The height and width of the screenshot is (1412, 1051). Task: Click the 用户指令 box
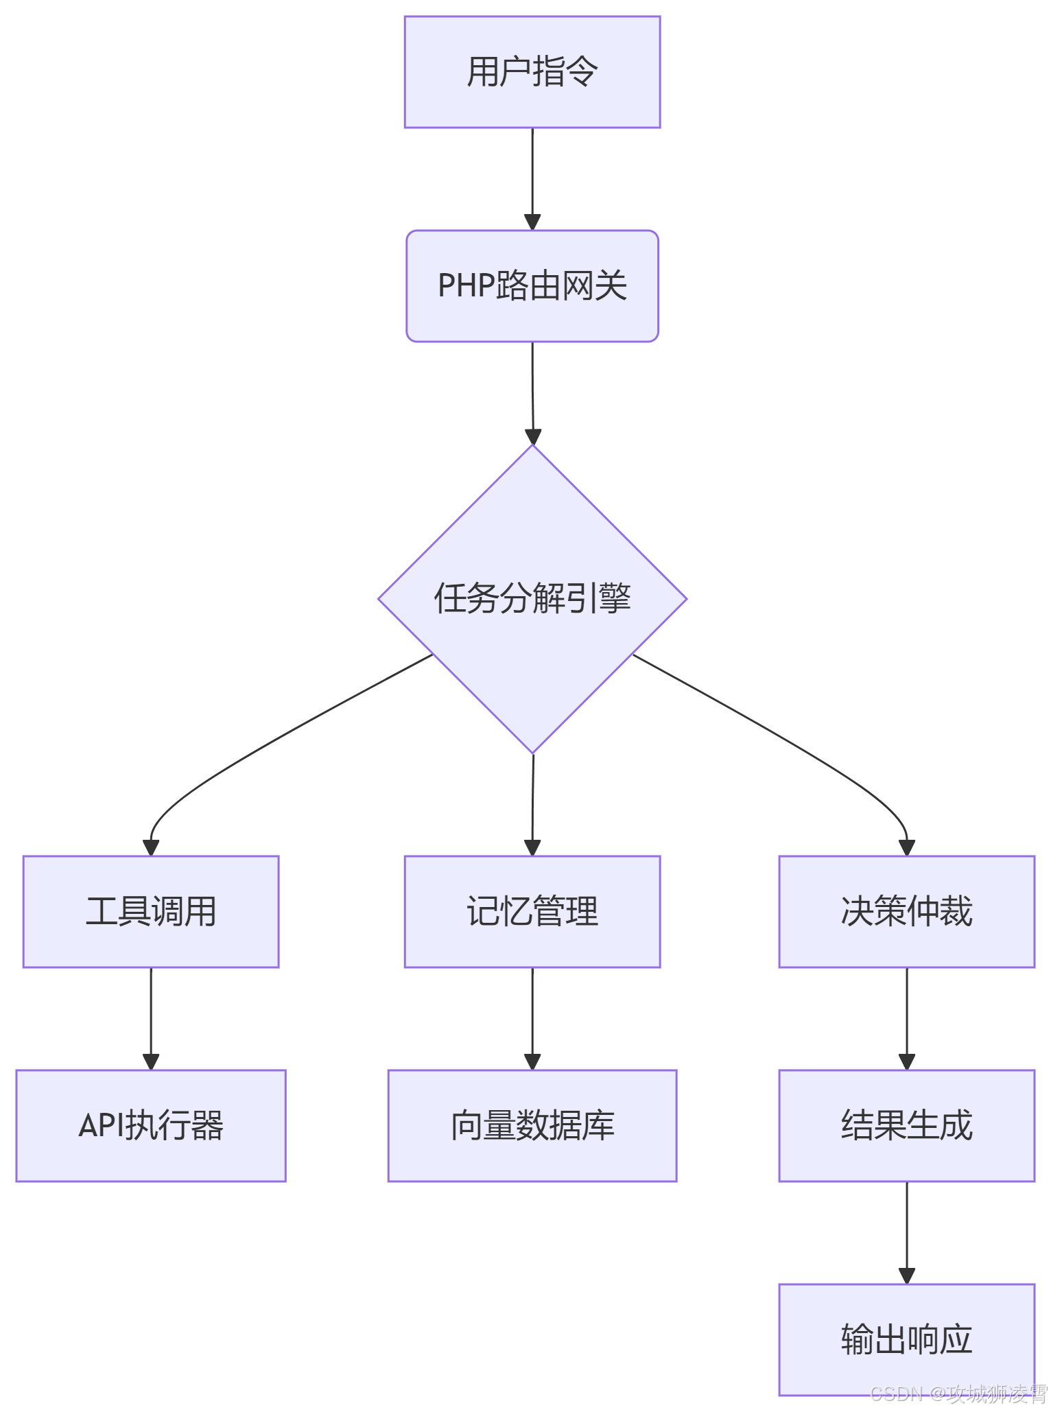click(x=532, y=72)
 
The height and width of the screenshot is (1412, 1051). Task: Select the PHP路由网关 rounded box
click(x=532, y=286)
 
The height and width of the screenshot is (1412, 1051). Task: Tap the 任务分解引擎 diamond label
click(x=532, y=598)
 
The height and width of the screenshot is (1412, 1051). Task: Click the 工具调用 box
click(x=151, y=911)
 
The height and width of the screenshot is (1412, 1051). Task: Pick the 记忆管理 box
click(x=532, y=911)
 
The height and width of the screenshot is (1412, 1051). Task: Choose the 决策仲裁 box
click(x=906, y=911)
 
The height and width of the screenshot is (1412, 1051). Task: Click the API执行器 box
click(x=151, y=1125)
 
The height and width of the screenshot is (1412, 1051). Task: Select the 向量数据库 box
click(x=532, y=1125)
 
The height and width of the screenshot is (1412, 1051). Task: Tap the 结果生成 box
click(x=906, y=1125)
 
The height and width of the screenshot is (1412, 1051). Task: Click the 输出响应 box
click(x=906, y=1339)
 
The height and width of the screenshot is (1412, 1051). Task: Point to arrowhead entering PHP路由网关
click(x=532, y=222)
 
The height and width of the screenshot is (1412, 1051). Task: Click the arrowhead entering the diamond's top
click(x=533, y=436)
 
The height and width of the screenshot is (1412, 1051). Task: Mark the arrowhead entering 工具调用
click(x=151, y=847)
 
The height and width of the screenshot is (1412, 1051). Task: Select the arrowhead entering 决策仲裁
click(x=907, y=847)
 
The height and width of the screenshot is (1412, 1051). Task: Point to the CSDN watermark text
click(x=958, y=1394)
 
